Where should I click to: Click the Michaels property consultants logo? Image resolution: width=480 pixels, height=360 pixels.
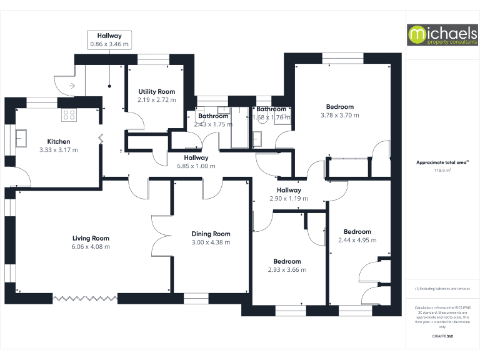pyautogui.click(x=442, y=35)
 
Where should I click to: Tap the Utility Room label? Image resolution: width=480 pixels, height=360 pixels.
pyautogui.click(x=157, y=92)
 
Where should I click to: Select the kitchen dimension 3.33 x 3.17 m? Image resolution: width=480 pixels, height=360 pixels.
pyautogui.click(x=59, y=150)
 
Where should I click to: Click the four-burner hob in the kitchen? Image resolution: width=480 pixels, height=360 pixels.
pyautogui.click(x=69, y=115)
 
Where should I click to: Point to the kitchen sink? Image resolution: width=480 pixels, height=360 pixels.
pyautogui.click(x=21, y=137)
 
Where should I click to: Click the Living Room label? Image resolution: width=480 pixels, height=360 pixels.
pyautogui.click(x=91, y=238)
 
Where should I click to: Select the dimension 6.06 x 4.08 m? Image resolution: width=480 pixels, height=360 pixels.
pyautogui.click(x=91, y=246)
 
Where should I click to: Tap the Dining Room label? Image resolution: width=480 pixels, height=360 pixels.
pyautogui.click(x=211, y=234)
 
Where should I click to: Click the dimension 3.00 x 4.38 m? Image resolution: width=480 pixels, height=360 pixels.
pyautogui.click(x=211, y=242)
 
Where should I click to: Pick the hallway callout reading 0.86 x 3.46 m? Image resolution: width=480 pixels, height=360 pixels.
pyautogui.click(x=109, y=44)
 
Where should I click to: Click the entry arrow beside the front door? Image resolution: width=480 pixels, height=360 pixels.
pyautogui.click(x=72, y=85)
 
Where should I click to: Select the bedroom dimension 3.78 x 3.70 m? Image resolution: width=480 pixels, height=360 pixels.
pyautogui.click(x=340, y=115)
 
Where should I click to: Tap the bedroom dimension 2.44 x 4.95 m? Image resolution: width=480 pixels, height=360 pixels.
pyautogui.click(x=357, y=239)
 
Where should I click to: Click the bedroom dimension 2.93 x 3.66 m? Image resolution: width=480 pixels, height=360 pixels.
pyautogui.click(x=287, y=270)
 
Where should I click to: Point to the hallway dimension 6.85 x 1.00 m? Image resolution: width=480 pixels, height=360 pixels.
pyautogui.click(x=196, y=166)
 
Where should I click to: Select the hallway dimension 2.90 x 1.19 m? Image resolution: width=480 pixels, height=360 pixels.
pyautogui.click(x=289, y=198)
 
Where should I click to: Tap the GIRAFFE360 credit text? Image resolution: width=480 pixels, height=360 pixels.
pyautogui.click(x=442, y=337)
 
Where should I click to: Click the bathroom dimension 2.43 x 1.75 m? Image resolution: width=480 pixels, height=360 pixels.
pyautogui.click(x=213, y=124)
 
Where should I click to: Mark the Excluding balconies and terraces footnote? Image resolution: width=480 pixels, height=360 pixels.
pyautogui.click(x=442, y=289)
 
